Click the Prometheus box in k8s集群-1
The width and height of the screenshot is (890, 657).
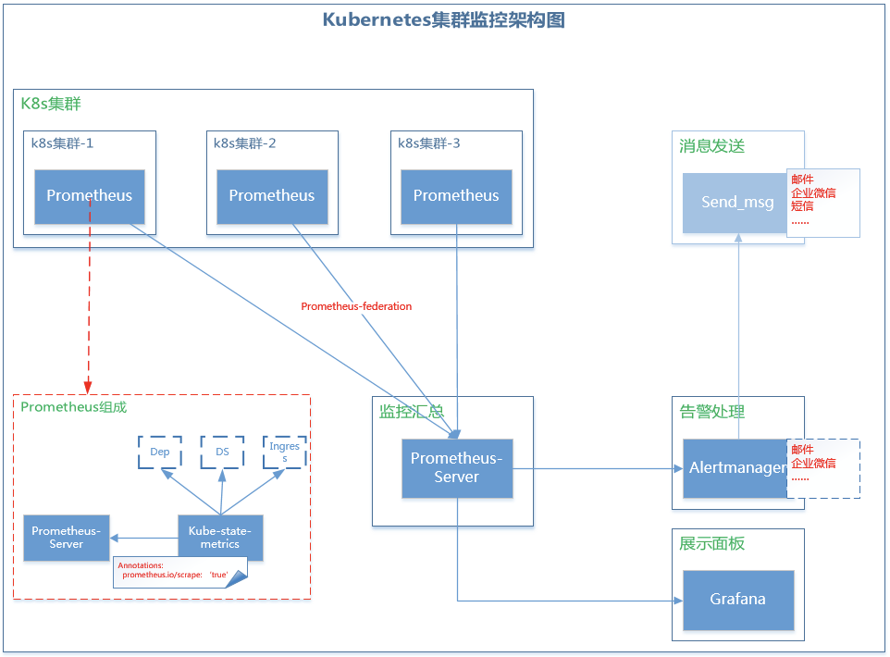click(90, 196)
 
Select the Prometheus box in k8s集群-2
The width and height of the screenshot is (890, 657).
click(272, 196)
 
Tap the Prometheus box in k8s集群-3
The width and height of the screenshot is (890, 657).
click(456, 196)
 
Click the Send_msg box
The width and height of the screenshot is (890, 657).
click(735, 203)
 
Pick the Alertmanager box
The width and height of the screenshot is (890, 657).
click(735, 468)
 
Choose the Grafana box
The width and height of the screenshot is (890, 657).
click(738, 601)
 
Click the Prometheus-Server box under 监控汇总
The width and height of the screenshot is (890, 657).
click(457, 468)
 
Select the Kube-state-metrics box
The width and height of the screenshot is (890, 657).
click(221, 538)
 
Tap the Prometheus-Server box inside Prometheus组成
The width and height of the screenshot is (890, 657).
click(67, 538)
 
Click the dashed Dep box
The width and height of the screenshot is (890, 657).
click(160, 452)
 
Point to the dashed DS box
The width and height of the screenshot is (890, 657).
click(222, 452)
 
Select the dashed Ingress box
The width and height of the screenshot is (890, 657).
click(285, 452)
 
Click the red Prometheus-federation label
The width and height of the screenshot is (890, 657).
click(356, 306)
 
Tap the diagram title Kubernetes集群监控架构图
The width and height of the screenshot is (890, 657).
click(444, 19)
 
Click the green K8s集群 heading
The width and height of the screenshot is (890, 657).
click(51, 104)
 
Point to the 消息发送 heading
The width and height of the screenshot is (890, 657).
click(711, 146)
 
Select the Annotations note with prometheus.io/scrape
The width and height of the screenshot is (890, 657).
click(180, 573)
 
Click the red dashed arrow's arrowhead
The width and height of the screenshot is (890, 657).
click(88, 388)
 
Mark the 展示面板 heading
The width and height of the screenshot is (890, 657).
click(711, 544)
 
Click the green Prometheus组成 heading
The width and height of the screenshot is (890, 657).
click(74, 407)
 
